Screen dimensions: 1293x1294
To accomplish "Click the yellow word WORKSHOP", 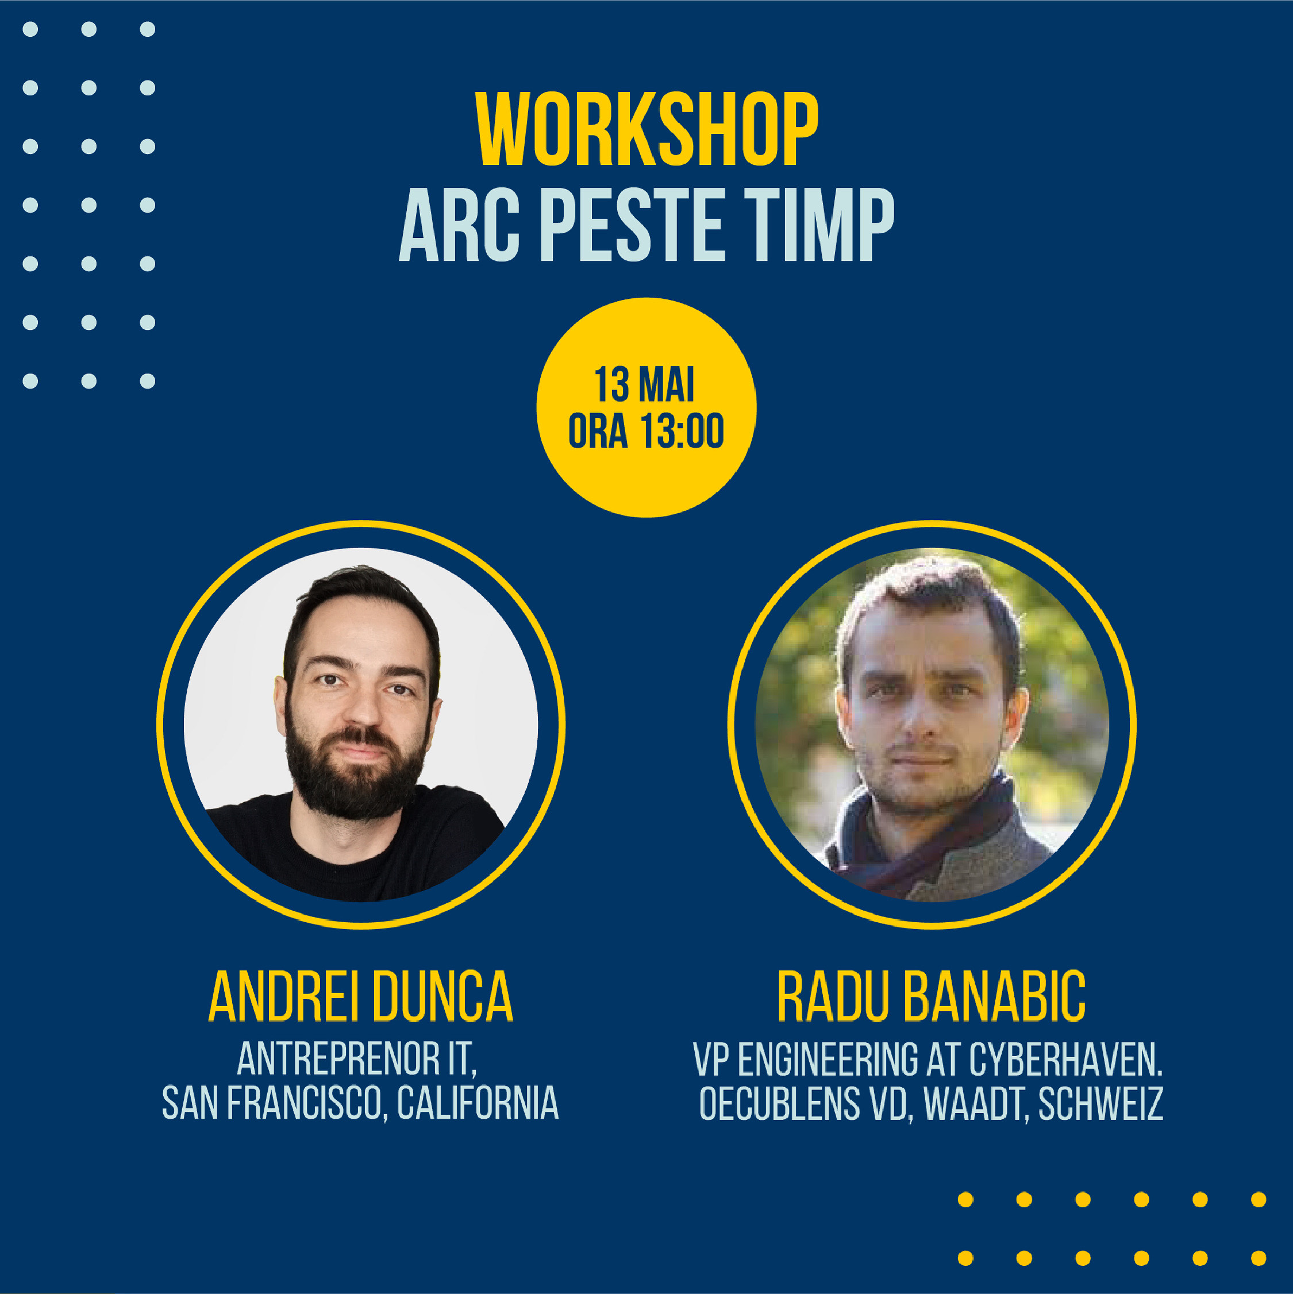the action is point(647,129).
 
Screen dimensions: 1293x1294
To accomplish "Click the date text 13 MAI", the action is point(645,384).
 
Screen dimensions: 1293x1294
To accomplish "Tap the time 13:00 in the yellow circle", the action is point(682,431).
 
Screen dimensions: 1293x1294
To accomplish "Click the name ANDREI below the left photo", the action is point(283,996).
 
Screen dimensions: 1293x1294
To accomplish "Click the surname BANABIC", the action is point(994,996).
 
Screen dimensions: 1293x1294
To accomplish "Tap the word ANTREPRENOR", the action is point(338,1059).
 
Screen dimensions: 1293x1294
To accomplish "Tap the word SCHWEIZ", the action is point(1100,1103).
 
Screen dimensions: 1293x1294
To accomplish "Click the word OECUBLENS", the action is point(779,1103).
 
